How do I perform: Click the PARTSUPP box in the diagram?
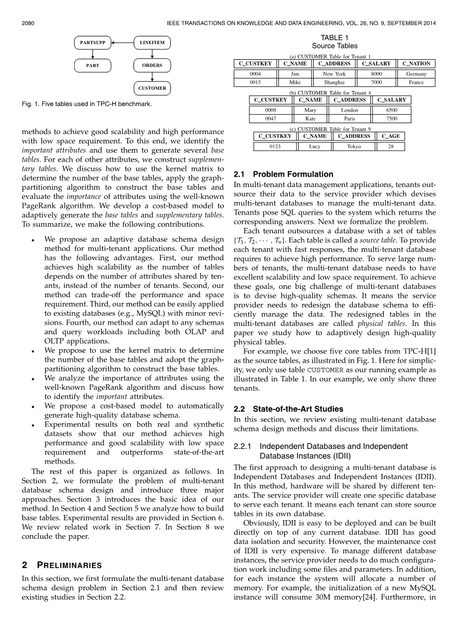click(92, 43)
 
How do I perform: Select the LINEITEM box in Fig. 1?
click(152, 43)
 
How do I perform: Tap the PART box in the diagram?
click(92, 65)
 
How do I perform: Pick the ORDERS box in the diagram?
click(152, 65)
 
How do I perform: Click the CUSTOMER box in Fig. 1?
click(152, 88)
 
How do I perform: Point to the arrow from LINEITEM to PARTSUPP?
click(123, 43)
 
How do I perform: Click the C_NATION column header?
click(416, 64)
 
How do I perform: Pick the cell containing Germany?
click(416, 74)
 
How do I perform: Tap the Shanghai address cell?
click(334, 82)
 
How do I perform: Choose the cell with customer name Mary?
click(311, 110)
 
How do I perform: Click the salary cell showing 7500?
click(392, 118)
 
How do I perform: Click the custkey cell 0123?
click(275, 147)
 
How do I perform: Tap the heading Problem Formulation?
click(293, 174)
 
